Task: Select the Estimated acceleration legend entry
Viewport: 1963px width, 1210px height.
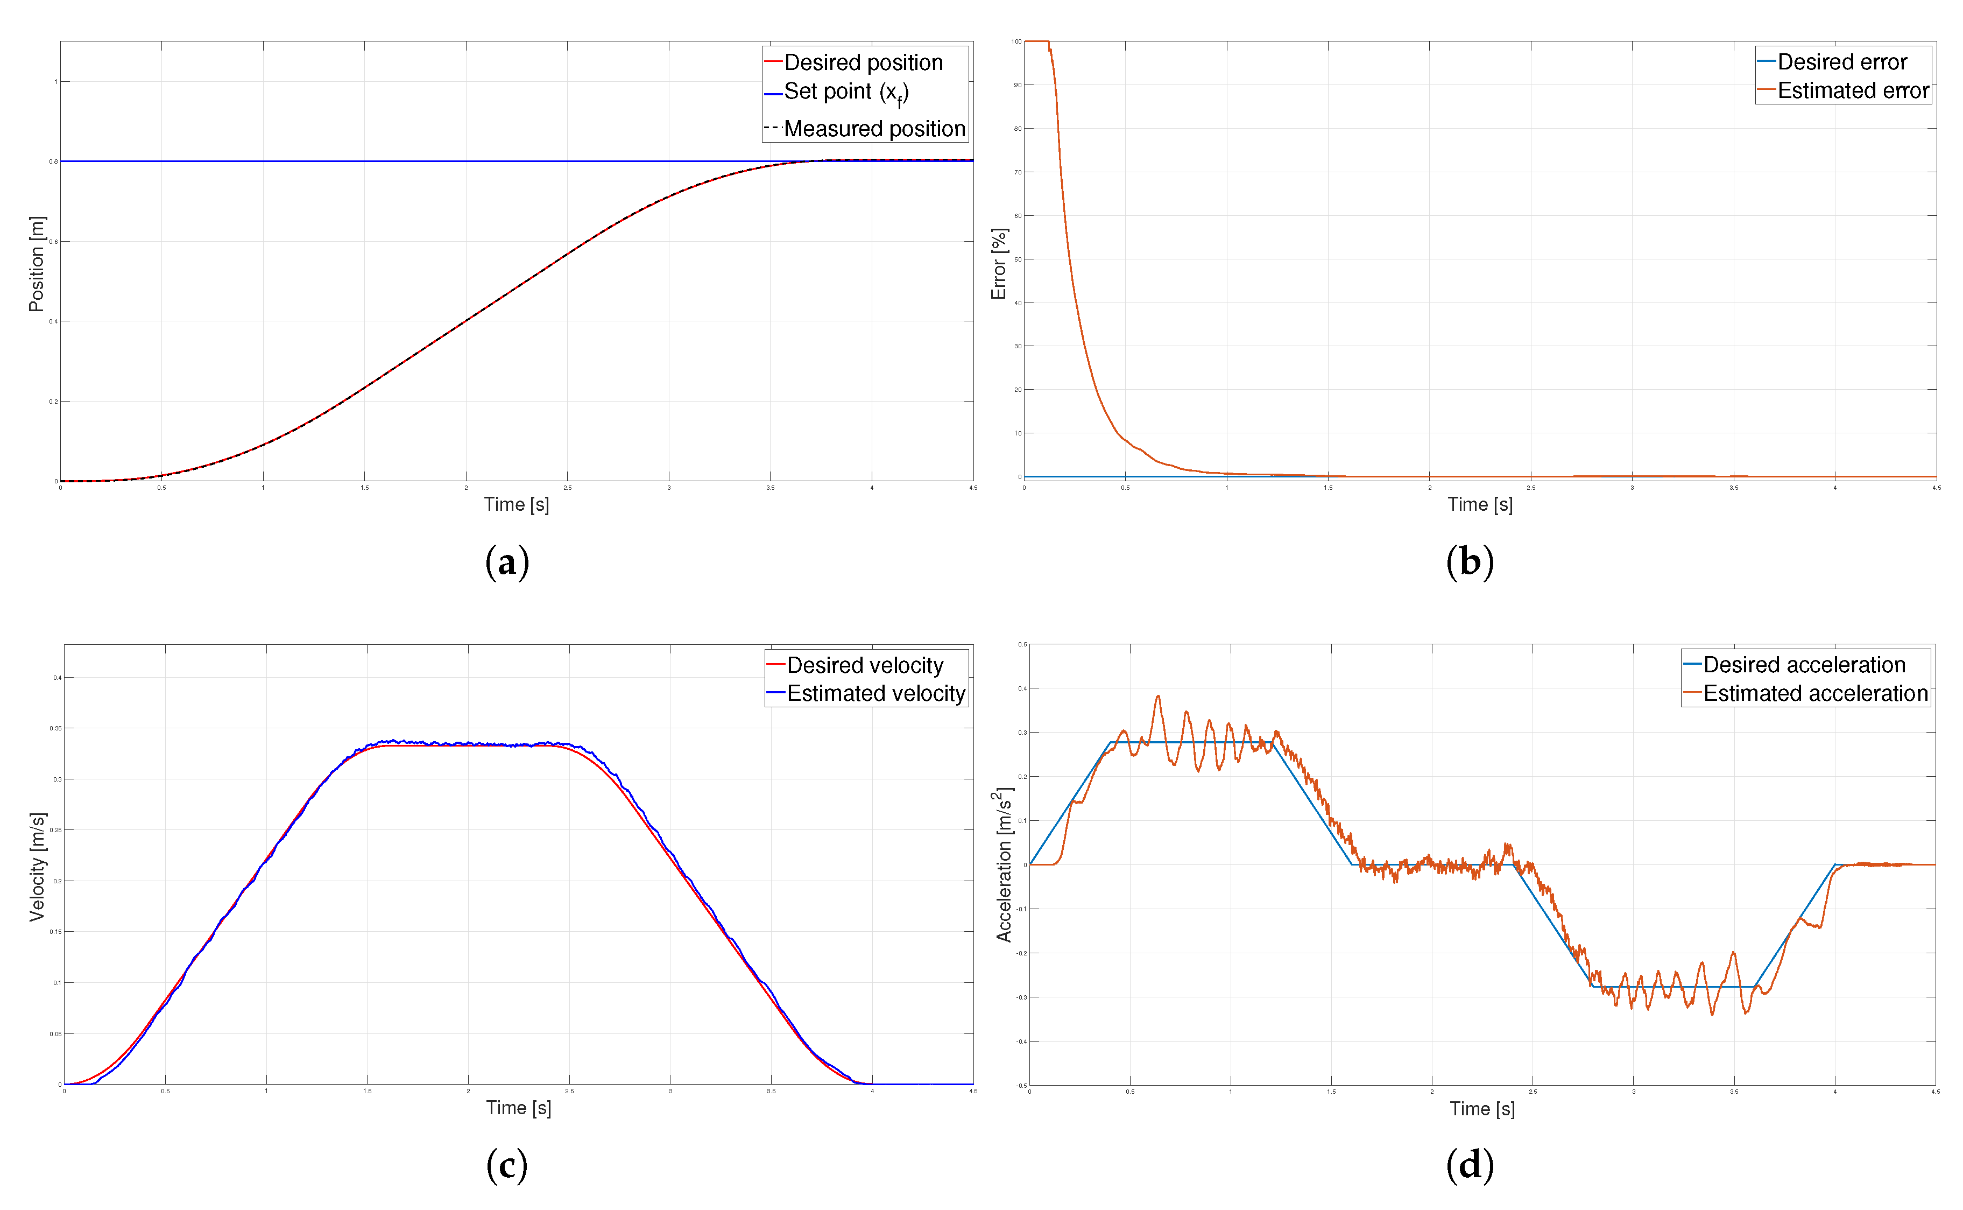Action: [x=1815, y=693]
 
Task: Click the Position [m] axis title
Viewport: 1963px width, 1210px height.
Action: [x=37, y=264]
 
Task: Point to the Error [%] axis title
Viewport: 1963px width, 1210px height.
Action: [x=999, y=264]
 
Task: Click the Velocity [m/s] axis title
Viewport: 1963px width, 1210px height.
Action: [x=37, y=867]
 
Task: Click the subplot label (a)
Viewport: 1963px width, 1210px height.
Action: [x=507, y=562]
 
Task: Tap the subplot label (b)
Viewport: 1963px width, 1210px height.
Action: [x=1470, y=562]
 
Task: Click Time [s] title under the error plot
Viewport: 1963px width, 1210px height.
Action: [x=1480, y=504]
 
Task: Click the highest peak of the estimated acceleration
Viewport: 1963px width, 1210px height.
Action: [x=1157, y=696]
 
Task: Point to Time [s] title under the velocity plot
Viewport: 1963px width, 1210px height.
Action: [x=518, y=1108]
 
